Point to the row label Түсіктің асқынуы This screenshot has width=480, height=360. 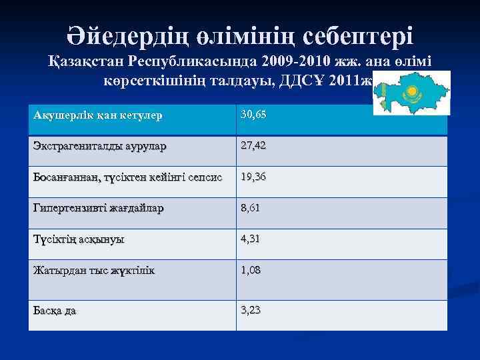(x=79, y=239)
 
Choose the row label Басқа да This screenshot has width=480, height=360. (x=55, y=309)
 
